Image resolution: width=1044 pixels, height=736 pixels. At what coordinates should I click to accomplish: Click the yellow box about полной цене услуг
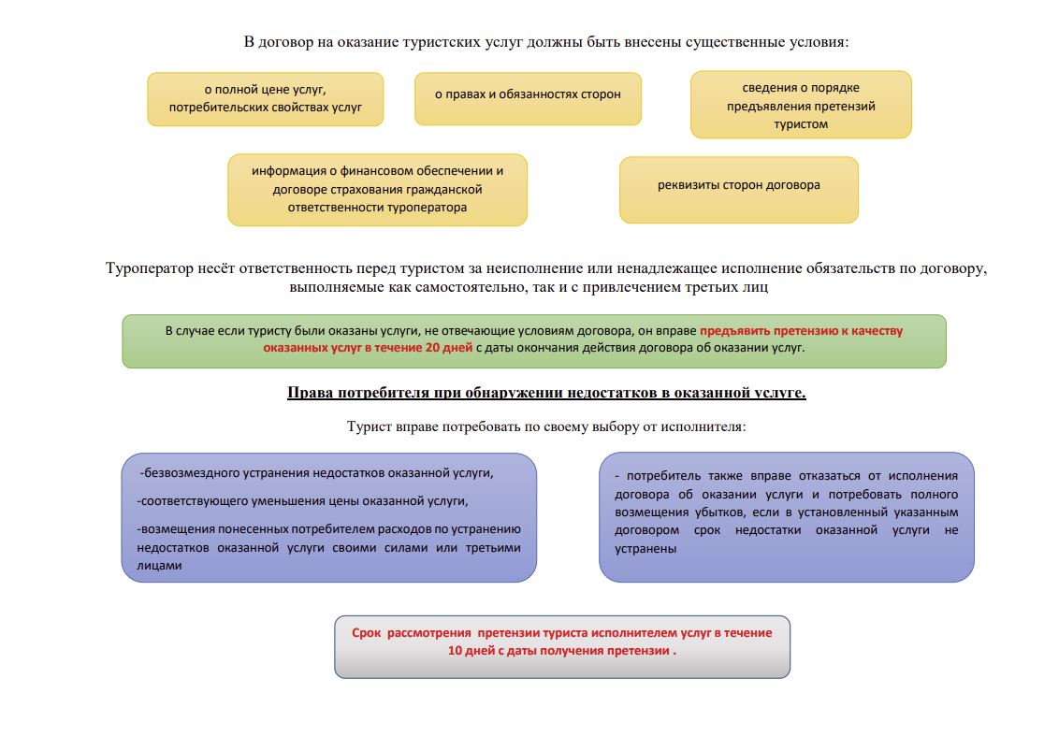265,99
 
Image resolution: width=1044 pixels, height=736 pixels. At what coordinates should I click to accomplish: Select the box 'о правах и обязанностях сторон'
528,94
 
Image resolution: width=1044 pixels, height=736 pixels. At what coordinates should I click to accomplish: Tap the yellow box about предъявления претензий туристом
801,105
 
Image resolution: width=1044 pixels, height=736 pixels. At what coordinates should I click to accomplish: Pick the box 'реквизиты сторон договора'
738,185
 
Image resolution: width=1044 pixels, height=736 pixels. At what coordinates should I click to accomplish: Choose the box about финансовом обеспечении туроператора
377,189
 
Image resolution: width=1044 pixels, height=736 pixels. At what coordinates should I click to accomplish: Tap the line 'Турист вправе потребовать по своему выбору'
545,426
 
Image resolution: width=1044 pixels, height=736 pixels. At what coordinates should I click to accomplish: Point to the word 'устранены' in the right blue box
645,548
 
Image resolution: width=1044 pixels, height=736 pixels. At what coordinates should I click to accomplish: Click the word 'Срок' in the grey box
367,632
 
